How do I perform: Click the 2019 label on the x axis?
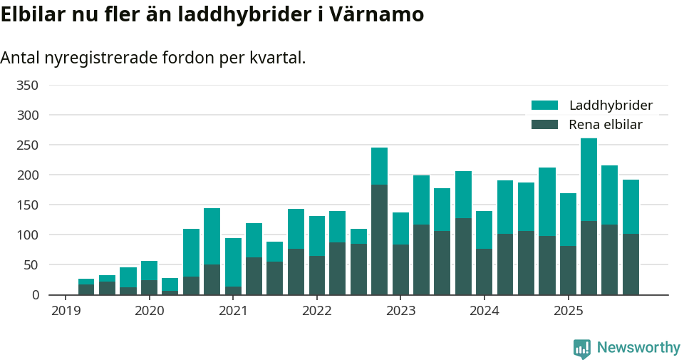click(x=66, y=311)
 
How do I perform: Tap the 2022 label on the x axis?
click(x=317, y=311)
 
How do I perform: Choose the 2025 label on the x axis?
click(x=568, y=311)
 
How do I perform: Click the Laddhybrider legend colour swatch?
click(x=545, y=106)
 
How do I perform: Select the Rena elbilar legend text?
click(x=606, y=125)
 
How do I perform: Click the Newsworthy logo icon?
click(x=581, y=348)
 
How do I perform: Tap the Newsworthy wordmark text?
click(x=638, y=348)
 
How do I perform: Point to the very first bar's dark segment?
click(x=86, y=289)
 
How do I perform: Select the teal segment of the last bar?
click(x=631, y=207)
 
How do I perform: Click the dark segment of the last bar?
click(x=631, y=264)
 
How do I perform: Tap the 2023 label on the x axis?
click(x=400, y=311)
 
